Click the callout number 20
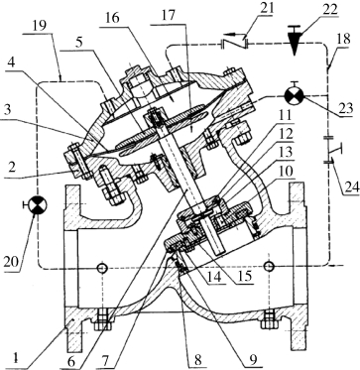[x=11, y=262]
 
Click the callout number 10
[x=285, y=173]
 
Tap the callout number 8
[x=198, y=360]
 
